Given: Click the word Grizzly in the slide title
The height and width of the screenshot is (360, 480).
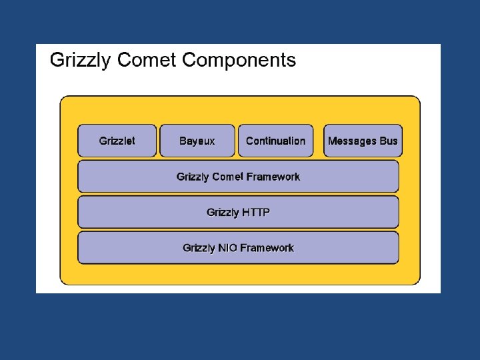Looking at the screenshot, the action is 81,61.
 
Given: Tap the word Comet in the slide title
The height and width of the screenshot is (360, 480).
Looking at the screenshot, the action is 147,61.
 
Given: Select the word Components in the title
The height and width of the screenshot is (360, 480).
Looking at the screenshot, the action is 239,61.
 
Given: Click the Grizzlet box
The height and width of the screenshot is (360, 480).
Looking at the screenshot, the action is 117,141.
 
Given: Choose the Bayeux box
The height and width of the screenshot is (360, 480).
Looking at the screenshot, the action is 197,141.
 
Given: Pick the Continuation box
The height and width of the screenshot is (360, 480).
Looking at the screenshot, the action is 275,141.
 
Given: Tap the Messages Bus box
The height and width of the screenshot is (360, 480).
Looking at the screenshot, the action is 363,141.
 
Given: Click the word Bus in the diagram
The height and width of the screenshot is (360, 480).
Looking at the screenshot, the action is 389,141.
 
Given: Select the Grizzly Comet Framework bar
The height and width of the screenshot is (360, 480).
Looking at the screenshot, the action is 238,177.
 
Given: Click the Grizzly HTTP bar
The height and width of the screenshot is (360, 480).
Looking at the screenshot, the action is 238,213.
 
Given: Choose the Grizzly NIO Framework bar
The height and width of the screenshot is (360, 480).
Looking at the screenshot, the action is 238,248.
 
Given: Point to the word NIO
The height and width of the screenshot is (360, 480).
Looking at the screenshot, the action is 227,248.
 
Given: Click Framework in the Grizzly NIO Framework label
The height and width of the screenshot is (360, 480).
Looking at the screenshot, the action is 267,248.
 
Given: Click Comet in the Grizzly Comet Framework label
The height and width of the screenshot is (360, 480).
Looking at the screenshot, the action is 227,177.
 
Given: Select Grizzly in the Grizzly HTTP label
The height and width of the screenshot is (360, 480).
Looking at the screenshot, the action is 222,213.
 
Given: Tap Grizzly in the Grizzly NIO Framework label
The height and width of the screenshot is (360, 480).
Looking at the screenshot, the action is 199,248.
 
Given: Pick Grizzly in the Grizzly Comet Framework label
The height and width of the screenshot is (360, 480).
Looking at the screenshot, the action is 192,177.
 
